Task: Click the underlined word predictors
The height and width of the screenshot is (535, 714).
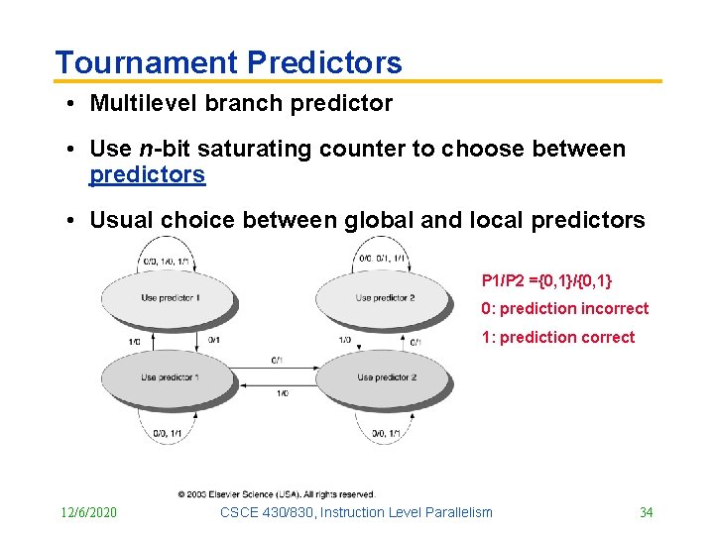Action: click(147, 175)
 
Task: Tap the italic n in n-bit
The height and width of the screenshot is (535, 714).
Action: click(145, 149)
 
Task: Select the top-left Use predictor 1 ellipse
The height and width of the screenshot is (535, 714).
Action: click(170, 297)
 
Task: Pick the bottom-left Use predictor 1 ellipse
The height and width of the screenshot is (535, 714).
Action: click(170, 377)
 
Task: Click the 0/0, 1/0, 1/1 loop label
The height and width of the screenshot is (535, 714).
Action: click(166, 262)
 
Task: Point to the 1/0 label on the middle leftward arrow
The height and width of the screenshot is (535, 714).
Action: click(282, 393)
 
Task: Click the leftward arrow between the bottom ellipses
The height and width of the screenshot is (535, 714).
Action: click(280, 384)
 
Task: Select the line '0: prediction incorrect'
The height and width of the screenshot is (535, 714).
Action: click(564, 309)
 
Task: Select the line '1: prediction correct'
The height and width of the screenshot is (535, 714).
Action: click(557, 337)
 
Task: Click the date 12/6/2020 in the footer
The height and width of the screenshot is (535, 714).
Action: click(87, 512)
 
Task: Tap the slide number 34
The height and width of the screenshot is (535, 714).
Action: click(646, 512)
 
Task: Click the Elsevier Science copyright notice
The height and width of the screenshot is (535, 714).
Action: click(277, 493)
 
